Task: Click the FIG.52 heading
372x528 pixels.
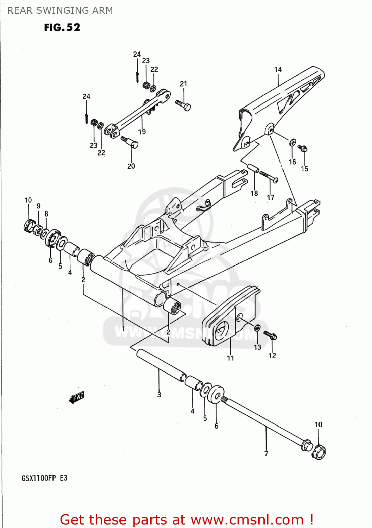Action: pos(62,27)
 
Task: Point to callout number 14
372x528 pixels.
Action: pos(278,70)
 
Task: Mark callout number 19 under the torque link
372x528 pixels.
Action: pos(142,132)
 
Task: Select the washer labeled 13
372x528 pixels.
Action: pos(257,328)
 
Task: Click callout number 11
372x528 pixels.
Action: pos(231,358)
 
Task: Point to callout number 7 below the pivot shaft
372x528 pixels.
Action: pos(266,454)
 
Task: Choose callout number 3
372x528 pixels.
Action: pos(159,395)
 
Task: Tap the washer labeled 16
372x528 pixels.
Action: pos(292,143)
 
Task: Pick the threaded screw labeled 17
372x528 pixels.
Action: pos(269,176)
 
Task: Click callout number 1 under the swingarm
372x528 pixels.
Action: pos(123,329)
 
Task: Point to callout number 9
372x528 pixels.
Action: pos(38,206)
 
